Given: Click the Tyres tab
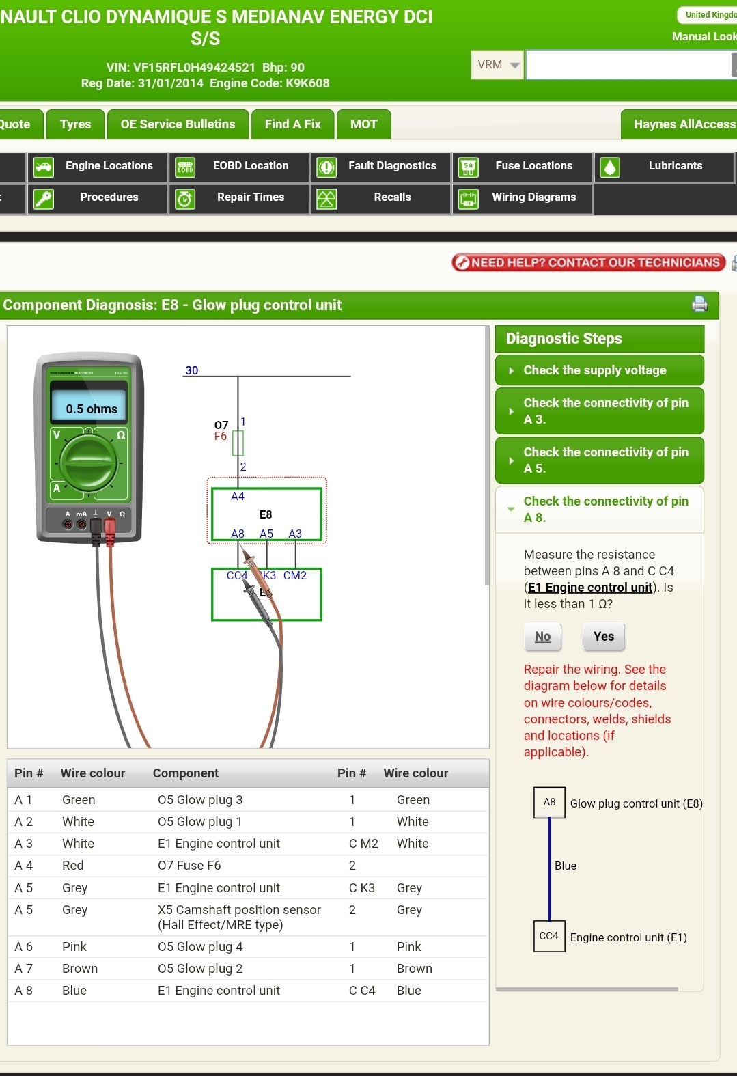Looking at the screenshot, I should click(x=75, y=124).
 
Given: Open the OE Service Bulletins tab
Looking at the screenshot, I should click(x=178, y=124).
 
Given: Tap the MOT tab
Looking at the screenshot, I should click(x=363, y=124).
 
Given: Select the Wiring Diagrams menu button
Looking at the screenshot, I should click(x=523, y=197).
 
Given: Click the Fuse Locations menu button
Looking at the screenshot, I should click(x=523, y=166).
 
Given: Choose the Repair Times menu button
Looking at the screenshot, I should click(x=240, y=197).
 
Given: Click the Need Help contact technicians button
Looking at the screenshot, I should click(x=588, y=263).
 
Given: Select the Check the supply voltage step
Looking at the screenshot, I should click(x=599, y=370).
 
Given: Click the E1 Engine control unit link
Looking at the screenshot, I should click(x=590, y=588).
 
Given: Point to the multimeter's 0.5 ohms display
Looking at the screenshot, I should click(x=92, y=409).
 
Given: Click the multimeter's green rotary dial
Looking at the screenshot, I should click(x=89, y=463).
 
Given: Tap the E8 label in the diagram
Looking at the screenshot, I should click(x=266, y=514).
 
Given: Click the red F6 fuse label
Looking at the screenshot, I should click(x=221, y=437).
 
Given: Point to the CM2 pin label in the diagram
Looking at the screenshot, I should click(x=295, y=576).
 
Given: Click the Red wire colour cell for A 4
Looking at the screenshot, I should click(x=73, y=866).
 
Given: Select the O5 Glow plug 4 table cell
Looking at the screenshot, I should click(x=200, y=947).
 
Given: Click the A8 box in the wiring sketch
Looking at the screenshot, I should click(x=549, y=802).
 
